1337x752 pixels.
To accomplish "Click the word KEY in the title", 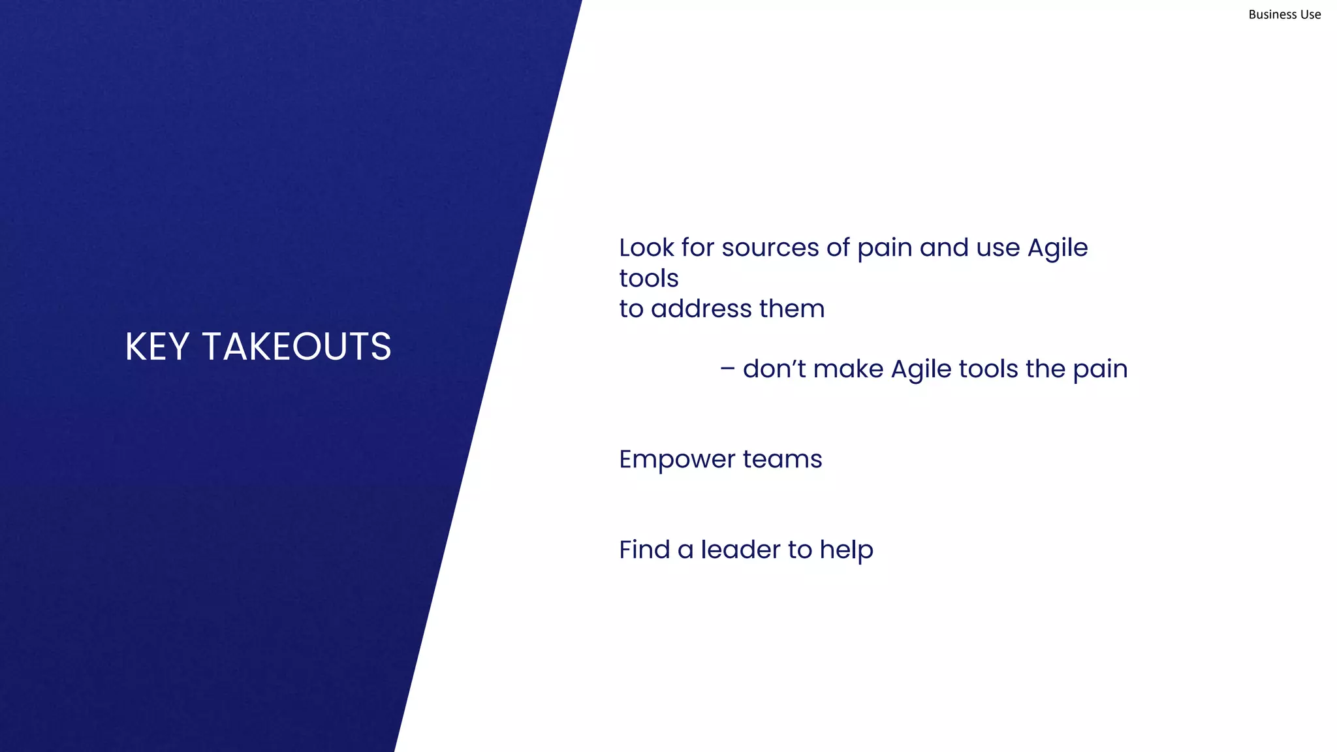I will coord(157,346).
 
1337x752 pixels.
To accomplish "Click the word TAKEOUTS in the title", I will coord(296,346).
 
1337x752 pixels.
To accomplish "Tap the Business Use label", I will coord(1284,14).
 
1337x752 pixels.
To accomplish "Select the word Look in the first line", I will coord(646,248).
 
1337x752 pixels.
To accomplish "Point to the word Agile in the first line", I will coord(1058,248).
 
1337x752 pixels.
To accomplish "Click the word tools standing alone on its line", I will coord(648,279).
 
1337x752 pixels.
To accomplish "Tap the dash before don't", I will coord(727,369).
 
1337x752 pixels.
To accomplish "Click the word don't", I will coord(774,369).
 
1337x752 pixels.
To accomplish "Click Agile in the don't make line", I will coord(920,369).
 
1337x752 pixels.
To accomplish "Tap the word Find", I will coord(644,550).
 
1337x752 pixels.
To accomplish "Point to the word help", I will coord(846,550).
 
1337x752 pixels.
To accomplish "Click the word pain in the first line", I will coord(885,249).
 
